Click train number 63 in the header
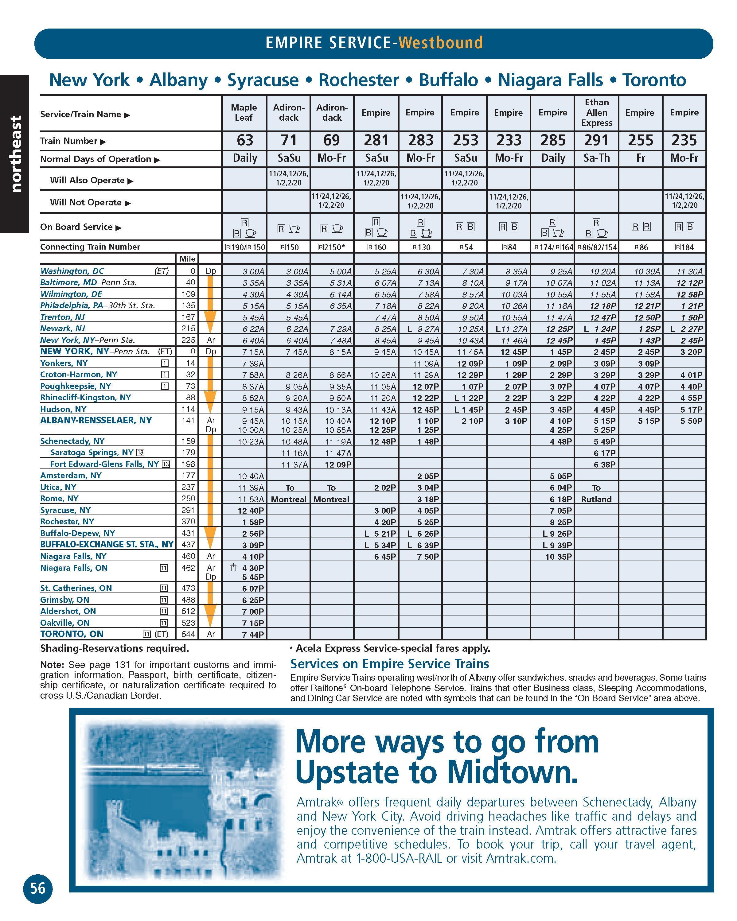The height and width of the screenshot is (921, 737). coord(245,140)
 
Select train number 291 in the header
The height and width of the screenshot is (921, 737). coord(596,140)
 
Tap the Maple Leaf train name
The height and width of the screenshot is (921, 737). coord(244,112)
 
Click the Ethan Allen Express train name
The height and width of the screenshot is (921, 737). coord(596,112)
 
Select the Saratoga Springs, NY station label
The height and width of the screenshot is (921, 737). coord(92,453)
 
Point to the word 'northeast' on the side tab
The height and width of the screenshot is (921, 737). coord(15,154)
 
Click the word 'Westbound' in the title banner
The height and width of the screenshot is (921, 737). coord(440,43)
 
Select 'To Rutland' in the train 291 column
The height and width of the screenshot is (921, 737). coord(596,493)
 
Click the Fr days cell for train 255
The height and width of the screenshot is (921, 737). coord(641,158)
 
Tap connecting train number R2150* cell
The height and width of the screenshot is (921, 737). coord(332,247)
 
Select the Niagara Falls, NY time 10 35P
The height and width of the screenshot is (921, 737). coord(558,557)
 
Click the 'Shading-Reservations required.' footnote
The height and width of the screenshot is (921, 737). coord(115,648)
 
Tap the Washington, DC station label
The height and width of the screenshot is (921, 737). coord(72,271)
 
